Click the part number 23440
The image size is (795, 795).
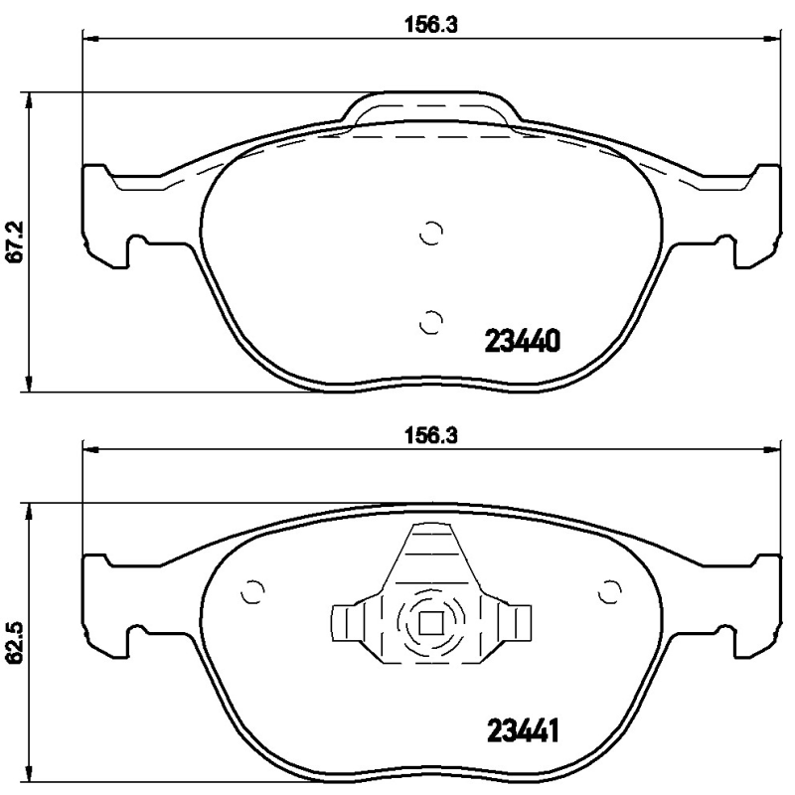523,341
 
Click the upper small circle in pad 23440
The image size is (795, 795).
430,235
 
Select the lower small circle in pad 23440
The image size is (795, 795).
430,322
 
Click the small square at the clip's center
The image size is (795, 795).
430,623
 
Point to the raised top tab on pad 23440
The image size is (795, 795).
431,109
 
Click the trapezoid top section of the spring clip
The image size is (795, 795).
430,556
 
